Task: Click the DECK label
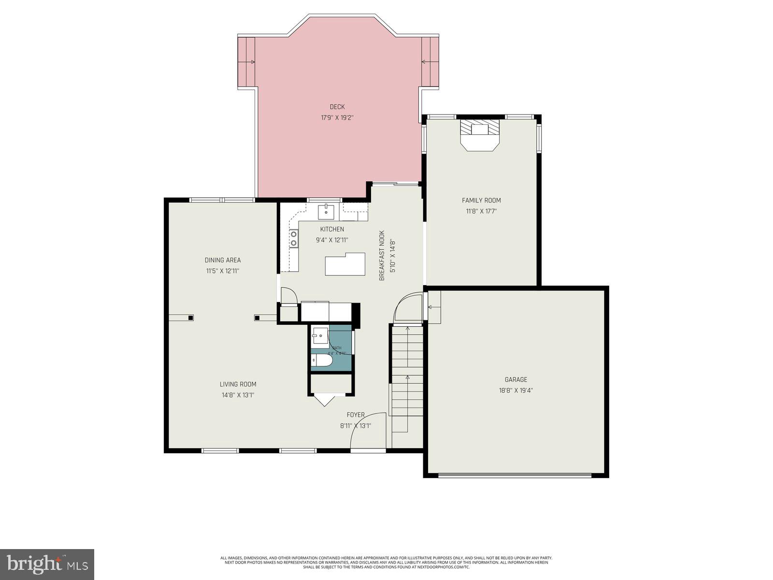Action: point(337,107)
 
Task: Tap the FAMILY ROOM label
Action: point(481,200)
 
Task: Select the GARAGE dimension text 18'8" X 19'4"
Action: point(516,391)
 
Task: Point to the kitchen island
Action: point(345,264)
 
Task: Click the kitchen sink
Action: point(327,211)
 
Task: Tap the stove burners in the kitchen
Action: point(293,238)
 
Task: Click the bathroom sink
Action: point(319,334)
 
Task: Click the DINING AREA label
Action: point(223,260)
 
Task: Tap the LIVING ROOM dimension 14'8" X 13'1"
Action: point(238,395)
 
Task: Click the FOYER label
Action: point(356,415)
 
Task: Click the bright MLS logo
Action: point(47,564)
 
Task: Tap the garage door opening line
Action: point(515,475)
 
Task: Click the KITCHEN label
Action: point(332,229)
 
